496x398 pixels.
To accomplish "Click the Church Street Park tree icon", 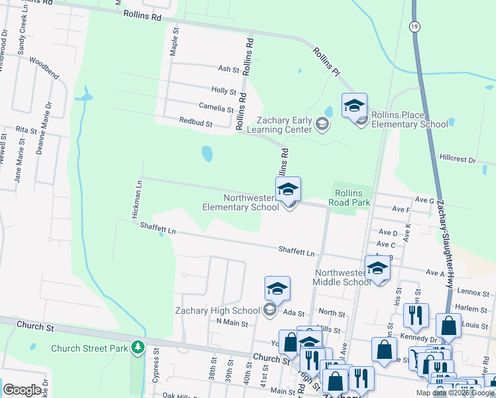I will coord(137,346).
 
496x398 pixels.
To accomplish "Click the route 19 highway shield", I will coord(414,26).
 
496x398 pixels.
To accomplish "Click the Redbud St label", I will coord(195,123).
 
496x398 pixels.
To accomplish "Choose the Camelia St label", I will coord(216,106).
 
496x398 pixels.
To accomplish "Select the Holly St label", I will coord(223,90).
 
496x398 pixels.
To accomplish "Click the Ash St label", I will coord(227,68).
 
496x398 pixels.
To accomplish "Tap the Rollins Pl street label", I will coord(327,60).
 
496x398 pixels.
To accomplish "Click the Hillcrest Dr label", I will coord(458,159).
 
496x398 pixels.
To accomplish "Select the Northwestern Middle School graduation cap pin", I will coord(377,269).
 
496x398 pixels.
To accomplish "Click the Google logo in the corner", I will coord(22,389).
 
